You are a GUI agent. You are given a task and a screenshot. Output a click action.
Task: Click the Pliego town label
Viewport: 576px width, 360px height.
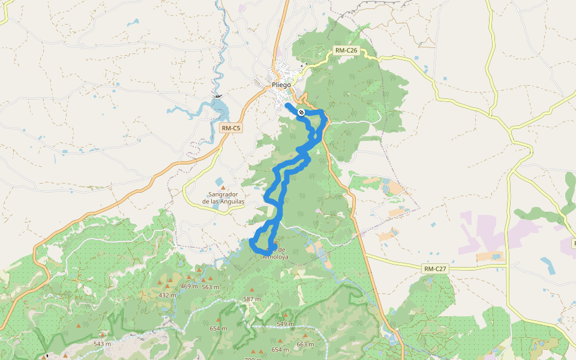coord(281,85)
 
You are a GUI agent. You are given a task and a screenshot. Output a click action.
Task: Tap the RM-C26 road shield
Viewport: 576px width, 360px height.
coord(346,51)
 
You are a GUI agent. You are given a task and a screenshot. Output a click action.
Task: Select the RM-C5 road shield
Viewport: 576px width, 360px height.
coord(231,128)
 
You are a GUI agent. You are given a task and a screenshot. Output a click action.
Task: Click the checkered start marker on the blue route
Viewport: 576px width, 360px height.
coord(301,112)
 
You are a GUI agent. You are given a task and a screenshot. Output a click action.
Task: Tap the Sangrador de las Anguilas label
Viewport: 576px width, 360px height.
coord(223,198)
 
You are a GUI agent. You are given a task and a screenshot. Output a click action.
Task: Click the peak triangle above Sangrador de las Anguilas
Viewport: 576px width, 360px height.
coord(223,188)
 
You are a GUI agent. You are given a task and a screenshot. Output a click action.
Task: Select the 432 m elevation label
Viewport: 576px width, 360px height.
coord(168,295)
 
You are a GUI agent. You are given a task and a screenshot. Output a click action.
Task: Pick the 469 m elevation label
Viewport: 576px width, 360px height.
coord(189,286)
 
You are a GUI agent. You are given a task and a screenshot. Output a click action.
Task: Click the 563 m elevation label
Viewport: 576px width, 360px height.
coord(211,287)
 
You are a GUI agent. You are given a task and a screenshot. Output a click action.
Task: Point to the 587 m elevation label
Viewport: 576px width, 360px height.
coord(252,299)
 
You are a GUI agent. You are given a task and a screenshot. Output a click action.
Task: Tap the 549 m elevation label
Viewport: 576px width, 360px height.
coord(285,324)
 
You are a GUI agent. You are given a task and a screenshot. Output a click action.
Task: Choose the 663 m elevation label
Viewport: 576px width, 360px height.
coord(305,344)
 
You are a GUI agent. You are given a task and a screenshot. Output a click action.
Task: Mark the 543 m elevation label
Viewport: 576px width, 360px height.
coord(103,344)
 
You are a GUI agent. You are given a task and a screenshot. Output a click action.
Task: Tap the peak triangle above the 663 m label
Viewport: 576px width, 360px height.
coord(305,336)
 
